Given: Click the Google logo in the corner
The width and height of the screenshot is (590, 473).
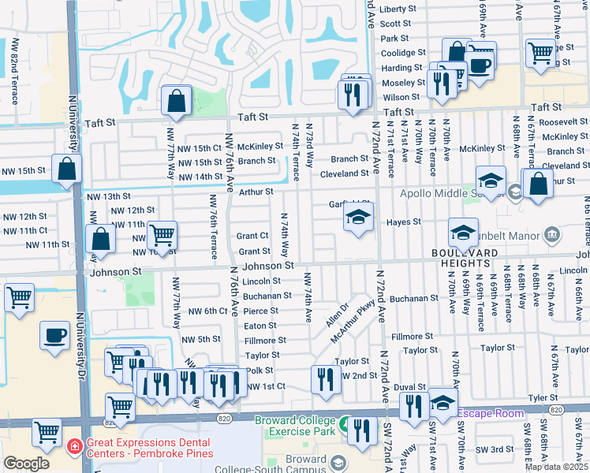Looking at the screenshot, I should (26, 464).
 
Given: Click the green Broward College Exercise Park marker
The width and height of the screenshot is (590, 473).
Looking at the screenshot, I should (344, 426).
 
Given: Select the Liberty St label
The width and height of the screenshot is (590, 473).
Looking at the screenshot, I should (397, 9).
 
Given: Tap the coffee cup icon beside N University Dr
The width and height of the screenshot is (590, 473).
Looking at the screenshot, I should (54, 335).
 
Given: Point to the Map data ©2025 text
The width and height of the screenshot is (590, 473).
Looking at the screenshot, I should (555, 467).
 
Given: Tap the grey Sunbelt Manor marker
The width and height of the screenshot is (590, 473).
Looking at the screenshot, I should (551, 236).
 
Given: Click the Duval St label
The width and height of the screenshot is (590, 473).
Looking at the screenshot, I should (410, 387).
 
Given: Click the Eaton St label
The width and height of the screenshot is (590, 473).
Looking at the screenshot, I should (260, 326).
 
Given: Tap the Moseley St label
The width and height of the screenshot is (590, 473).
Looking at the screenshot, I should (404, 83).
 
